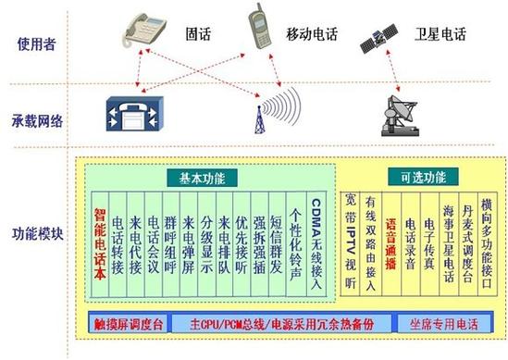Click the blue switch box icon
[130, 110]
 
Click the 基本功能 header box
[202, 176]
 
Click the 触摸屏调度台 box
[129, 325]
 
